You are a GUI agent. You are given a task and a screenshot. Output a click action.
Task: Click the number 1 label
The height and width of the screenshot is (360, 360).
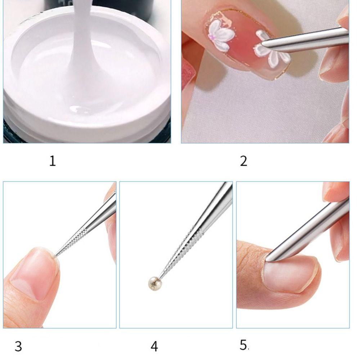pos(53,161)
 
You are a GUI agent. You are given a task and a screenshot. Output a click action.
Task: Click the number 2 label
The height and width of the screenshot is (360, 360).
pos(244,161)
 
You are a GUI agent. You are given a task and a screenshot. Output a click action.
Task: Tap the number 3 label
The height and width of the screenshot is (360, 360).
pos(18,346)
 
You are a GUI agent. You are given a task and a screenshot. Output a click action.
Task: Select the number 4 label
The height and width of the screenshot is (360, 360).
pos(154,346)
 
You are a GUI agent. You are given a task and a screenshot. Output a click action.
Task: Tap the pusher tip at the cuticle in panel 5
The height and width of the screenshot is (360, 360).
pos(268,258)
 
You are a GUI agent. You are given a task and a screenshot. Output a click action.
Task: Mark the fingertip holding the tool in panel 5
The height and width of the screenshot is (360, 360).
pos(337,191)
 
